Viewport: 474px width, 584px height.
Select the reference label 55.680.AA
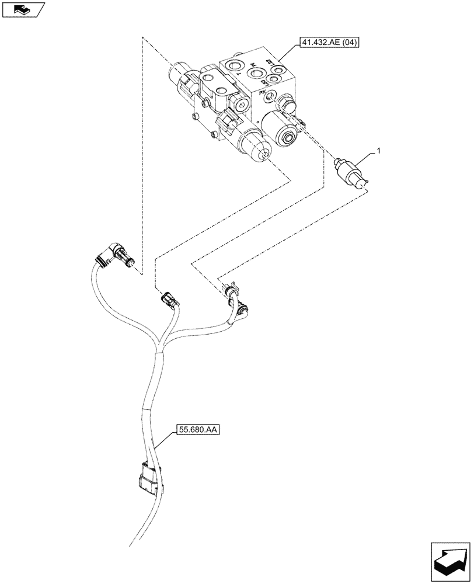(x=196, y=431)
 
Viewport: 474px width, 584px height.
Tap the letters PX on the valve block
(x=262, y=92)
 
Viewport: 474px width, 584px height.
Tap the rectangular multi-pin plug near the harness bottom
(x=149, y=479)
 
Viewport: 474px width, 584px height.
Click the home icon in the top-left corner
(x=22, y=9)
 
